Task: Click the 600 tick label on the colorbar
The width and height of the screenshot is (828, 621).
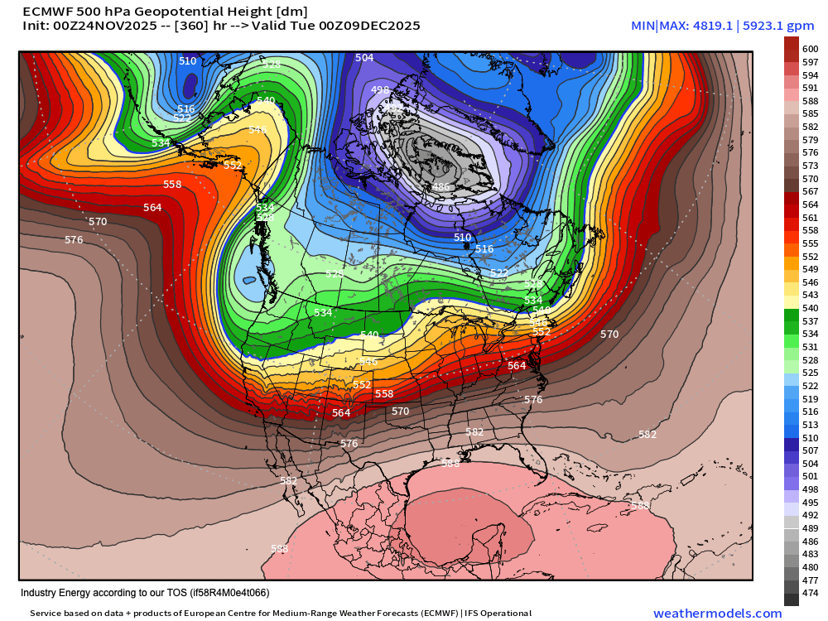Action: click(x=811, y=50)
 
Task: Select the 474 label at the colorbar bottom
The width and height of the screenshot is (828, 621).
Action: click(x=811, y=593)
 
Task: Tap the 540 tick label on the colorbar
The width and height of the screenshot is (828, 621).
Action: click(x=811, y=308)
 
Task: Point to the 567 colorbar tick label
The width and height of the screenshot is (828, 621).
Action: click(x=811, y=191)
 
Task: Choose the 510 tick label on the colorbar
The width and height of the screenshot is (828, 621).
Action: click(x=811, y=437)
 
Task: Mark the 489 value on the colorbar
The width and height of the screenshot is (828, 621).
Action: click(x=811, y=528)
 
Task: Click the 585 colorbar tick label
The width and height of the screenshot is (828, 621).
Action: click(x=811, y=113)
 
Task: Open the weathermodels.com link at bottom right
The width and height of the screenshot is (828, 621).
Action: click(x=717, y=614)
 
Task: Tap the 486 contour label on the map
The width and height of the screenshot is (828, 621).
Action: click(x=441, y=187)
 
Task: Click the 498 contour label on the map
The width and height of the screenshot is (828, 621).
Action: click(x=380, y=90)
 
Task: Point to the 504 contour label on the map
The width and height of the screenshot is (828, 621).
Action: click(x=364, y=58)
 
